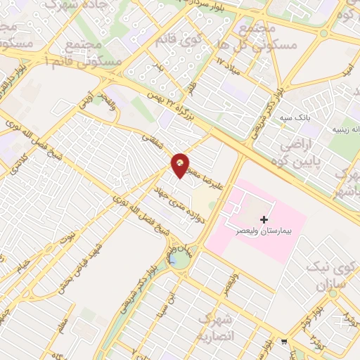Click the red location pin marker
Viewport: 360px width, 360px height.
[181, 165]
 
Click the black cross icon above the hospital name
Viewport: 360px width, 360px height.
[264, 219]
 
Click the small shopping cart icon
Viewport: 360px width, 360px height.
[283, 342]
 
